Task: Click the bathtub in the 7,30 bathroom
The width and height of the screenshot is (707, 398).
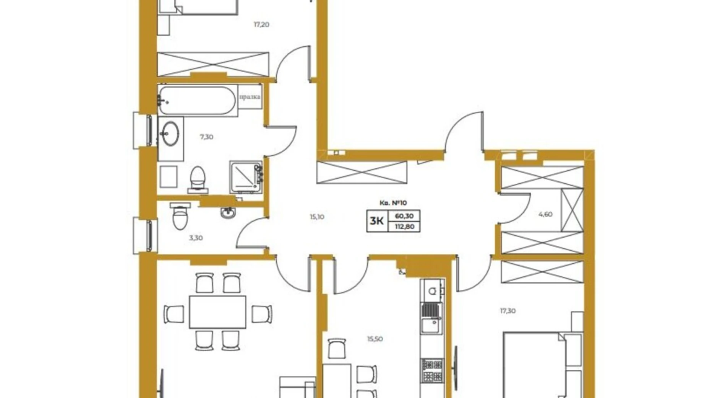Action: pyautogui.click(x=197, y=100)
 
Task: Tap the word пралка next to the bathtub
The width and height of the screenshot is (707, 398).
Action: pyautogui.click(x=250, y=97)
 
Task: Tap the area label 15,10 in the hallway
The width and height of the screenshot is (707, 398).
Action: pyautogui.click(x=317, y=217)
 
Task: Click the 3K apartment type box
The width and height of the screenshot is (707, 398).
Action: pyautogui.click(x=377, y=221)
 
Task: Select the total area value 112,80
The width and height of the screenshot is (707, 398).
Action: pyautogui.click(x=404, y=227)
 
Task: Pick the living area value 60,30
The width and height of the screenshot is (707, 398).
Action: pyautogui.click(x=404, y=216)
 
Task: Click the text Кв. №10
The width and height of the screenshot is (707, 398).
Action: pyautogui.click(x=393, y=203)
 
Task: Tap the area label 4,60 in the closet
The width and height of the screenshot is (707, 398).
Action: pyautogui.click(x=545, y=214)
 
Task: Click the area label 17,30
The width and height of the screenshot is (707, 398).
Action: pyautogui.click(x=508, y=311)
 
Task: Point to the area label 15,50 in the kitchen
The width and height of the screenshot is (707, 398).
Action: pyautogui.click(x=375, y=339)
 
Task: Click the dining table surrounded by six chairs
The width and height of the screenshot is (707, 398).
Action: pyautogui.click(x=217, y=312)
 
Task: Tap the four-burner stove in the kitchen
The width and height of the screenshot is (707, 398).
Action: pyautogui.click(x=432, y=370)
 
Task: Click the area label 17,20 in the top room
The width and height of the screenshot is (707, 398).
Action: pyautogui.click(x=261, y=24)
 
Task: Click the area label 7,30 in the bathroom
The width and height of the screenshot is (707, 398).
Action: pyautogui.click(x=206, y=137)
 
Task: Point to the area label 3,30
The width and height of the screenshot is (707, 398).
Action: pyautogui.click(x=196, y=238)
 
